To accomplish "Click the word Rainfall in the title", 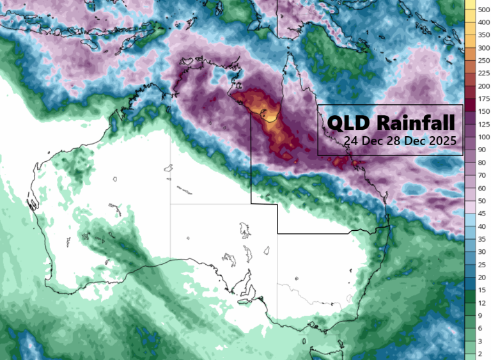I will tap(416, 122).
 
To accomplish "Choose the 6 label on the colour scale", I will tap(477, 328).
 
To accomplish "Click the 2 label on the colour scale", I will tap(477, 353).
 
